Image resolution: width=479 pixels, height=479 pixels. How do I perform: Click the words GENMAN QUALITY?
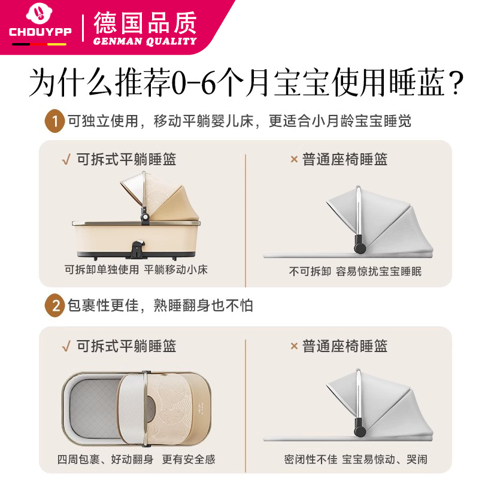click(x=145, y=41)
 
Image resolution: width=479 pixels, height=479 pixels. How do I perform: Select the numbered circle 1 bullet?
click(x=54, y=122)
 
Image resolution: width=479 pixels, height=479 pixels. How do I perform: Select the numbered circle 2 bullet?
click(x=54, y=306)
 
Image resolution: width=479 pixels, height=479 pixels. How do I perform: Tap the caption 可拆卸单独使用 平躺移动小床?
click(x=136, y=270)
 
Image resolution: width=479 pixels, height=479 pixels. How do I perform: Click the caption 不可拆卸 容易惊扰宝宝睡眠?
click(x=355, y=271)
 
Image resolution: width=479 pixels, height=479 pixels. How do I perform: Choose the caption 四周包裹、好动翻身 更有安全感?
click(x=136, y=460)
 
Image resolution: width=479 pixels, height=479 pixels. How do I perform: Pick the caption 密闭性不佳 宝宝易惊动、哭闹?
click(x=355, y=460)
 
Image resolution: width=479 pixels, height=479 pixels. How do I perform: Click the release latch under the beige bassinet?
click(x=139, y=245)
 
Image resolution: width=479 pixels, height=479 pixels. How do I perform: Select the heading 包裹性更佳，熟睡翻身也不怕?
click(x=159, y=306)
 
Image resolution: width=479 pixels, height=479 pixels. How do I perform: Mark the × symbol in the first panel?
click(x=294, y=159)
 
